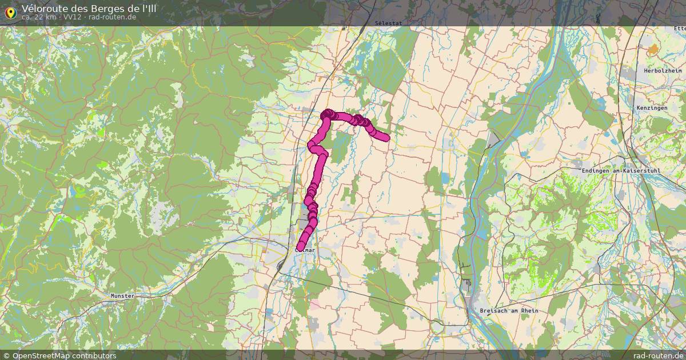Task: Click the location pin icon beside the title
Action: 10,12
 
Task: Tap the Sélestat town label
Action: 389,23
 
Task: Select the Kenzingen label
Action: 652,108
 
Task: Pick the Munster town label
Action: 122,296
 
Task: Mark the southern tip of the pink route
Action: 300,247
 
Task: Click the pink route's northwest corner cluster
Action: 328,115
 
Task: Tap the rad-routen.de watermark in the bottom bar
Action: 658,355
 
